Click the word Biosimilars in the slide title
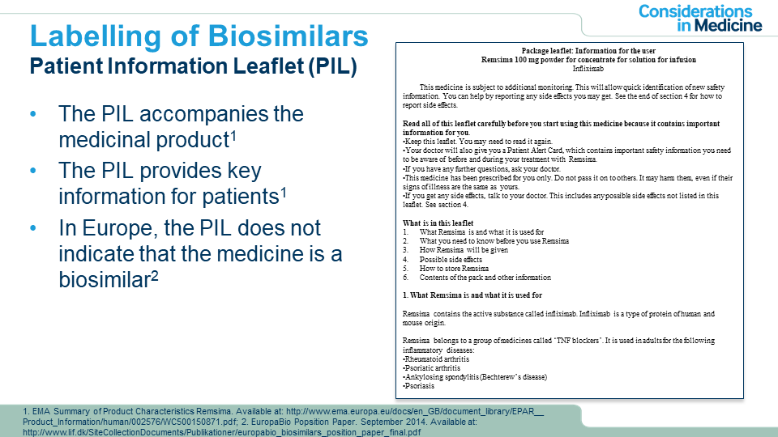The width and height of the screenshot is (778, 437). click(x=288, y=36)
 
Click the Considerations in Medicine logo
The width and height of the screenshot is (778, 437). click(x=700, y=18)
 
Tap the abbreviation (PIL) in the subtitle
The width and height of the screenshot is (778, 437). click(x=332, y=66)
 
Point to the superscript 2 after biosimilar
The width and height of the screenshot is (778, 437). click(x=154, y=274)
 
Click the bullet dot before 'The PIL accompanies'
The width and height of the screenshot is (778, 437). click(x=33, y=114)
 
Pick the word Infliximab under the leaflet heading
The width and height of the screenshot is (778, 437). click(x=588, y=69)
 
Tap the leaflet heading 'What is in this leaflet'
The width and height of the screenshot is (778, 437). click(x=438, y=223)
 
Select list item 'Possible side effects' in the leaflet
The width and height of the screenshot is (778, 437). click(x=451, y=259)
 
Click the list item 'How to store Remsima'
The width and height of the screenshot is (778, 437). click(x=454, y=268)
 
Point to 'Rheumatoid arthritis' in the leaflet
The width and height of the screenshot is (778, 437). click(x=437, y=359)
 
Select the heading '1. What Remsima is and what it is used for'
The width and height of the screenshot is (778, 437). click(x=472, y=295)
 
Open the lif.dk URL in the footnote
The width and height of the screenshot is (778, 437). click(x=222, y=432)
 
